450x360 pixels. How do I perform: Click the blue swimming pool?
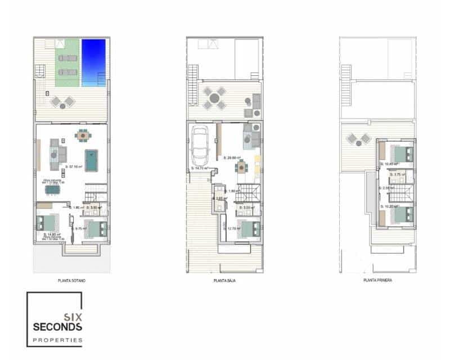pyautogui.click(x=93, y=62)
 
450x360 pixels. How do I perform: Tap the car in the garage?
pyautogui.click(x=201, y=145)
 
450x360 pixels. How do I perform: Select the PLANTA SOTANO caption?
pyautogui.click(x=71, y=280)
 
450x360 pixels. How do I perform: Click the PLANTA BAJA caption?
pyautogui.click(x=224, y=280)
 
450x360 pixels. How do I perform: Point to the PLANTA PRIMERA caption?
pyautogui.click(x=377, y=280)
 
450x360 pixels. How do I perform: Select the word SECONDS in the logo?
pyautogui.click(x=58, y=327)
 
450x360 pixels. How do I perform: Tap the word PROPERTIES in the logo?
pyautogui.click(x=58, y=340)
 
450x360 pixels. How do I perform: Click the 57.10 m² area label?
pyautogui.click(x=74, y=167)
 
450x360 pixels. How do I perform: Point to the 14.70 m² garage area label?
pyautogui.click(x=200, y=168)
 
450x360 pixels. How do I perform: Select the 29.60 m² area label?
pyautogui.click(x=232, y=158)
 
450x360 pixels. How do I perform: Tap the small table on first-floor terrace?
pyautogui.click(x=354, y=138)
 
